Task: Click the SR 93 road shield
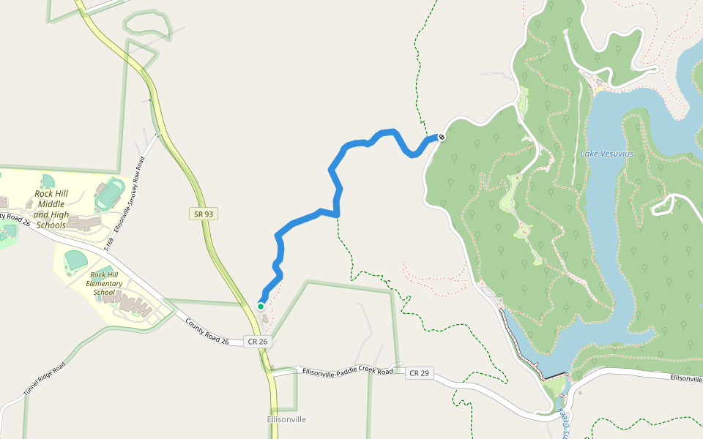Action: (204, 214)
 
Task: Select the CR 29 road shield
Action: (420, 373)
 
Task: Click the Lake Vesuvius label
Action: (606, 154)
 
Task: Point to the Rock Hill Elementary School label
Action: (104, 283)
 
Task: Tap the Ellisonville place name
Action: (286, 419)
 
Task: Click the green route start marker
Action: (261, 307)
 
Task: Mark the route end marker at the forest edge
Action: (442, 137)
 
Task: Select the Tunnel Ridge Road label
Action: (44, 378)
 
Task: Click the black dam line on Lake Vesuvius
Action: (555, 375)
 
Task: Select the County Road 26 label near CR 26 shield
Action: (207, 332)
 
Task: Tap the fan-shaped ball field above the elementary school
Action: (77, 259)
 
